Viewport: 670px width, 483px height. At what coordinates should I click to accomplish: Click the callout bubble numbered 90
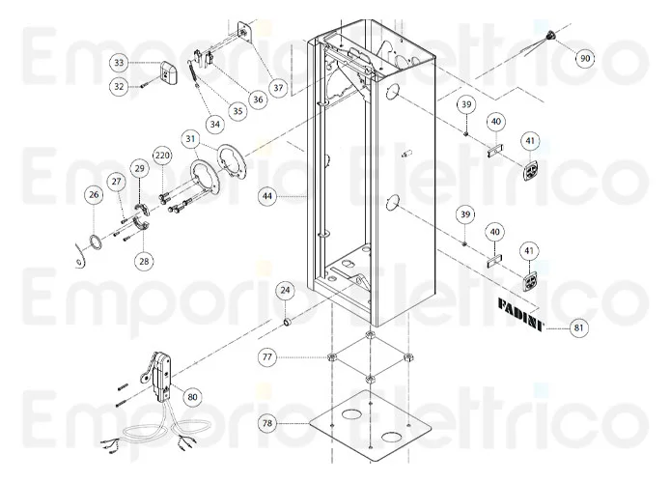584,58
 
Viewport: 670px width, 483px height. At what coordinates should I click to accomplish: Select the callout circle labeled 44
267,196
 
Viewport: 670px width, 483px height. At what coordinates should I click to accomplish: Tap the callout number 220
161,155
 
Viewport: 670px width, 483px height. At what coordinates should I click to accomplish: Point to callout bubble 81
579,328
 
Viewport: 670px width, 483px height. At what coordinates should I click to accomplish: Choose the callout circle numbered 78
267,422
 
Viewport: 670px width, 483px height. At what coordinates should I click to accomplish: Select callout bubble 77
267,357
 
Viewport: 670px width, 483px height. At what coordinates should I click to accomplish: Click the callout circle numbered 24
285,290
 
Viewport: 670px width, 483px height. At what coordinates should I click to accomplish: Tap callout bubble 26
93,195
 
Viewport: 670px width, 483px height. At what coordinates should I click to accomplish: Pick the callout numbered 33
119,63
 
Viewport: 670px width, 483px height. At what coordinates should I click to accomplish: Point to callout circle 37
278,88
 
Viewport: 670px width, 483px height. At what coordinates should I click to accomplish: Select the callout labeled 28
144,261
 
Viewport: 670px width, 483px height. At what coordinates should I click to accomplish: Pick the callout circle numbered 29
139,169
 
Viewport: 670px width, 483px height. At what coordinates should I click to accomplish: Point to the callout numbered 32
119,86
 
